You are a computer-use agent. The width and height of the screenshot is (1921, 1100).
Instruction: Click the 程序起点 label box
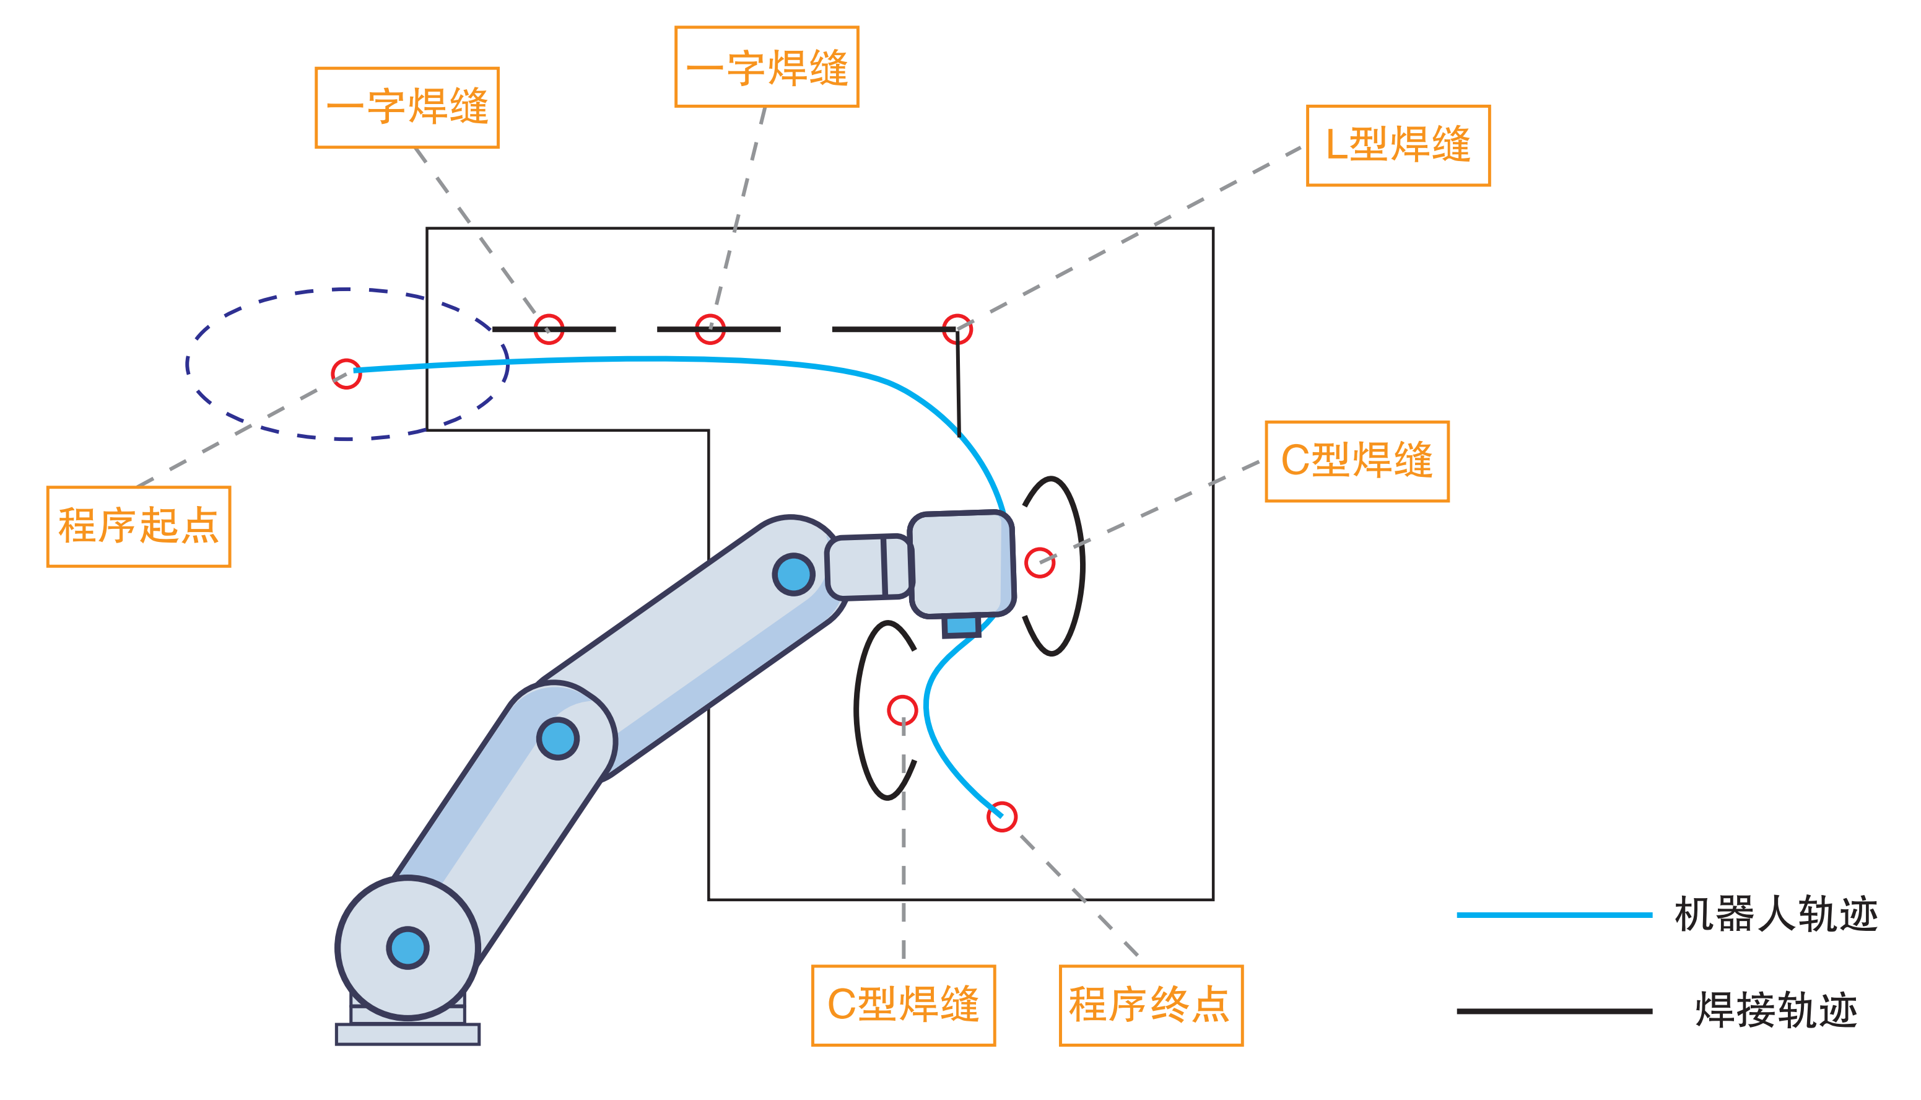click(x=138, y=526)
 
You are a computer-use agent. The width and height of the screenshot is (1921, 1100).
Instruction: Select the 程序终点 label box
click(x=1151, y=1006)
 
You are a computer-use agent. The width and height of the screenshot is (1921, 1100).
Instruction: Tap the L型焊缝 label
click(x=1398, y=145)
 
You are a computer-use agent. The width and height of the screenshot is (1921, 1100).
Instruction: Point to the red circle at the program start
click(x=346, y=374)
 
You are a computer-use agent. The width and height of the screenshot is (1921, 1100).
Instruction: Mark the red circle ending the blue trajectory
click(x=1001, y=817)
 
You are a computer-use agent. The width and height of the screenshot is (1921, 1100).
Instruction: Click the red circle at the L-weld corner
click(x=957, y=330)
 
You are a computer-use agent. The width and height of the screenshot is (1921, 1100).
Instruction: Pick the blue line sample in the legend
click(x=1554, y=915)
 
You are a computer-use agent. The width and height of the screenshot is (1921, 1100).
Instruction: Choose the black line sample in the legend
click(x=1554, y=1011)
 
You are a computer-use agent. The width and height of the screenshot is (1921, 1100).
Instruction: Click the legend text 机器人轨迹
click(x=1775, y=915)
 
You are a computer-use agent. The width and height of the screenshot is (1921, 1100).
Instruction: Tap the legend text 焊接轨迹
click(x=1775, y=1011)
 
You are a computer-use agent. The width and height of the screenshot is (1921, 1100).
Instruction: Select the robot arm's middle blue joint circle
click(x=557, y=739)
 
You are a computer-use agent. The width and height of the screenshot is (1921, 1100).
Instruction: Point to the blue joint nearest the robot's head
click(x=793, y=575)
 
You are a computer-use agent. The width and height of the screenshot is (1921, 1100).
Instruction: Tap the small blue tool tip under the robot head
click(x=962, y=626)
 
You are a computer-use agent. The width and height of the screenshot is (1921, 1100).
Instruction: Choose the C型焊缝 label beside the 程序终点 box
click(x=903, y=1006)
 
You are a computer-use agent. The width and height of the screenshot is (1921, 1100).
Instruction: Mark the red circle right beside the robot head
click(x=1039, y=563)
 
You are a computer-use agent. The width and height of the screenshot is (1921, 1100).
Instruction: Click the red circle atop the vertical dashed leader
click(x=902, y=710)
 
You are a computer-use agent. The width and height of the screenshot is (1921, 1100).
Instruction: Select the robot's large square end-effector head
click(x=961, y=564)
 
